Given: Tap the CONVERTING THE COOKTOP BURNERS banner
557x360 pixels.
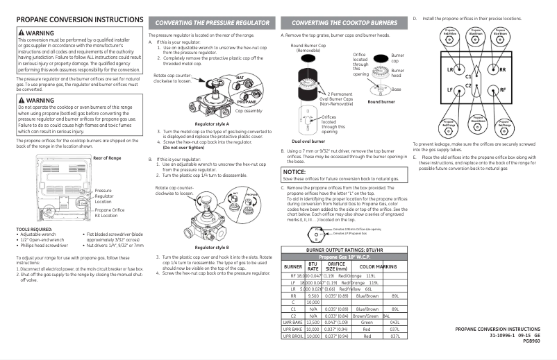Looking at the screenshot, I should [344, 23].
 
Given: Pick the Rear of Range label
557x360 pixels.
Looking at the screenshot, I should [107, 158].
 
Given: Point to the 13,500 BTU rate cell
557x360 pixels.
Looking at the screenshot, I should [313, 321].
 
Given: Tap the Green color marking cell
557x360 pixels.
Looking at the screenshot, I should [367, 321].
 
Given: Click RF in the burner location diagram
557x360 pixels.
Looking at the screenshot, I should [502, 89].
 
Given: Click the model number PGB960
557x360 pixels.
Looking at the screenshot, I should [531, 341].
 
